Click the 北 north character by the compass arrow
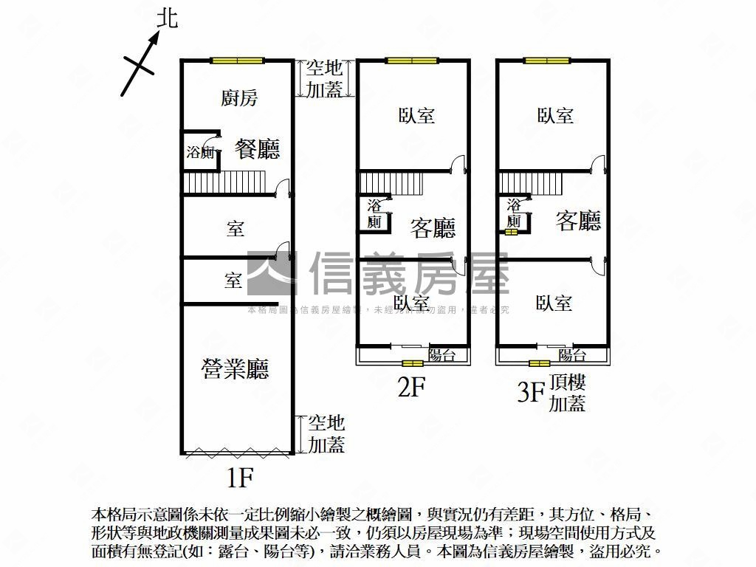click(168, 18)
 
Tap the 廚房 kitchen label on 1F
click(239, 97)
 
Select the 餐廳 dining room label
click(257, 149)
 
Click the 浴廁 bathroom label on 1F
click(200, 153)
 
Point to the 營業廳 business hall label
click(235, 368)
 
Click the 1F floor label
click(240, 478)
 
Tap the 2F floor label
click(412, 388)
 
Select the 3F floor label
click(529, 391)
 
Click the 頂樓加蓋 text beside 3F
click(568, 393)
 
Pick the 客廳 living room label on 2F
click(433, 228)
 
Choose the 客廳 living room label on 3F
click(578, 221)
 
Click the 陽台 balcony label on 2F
click(441, 355)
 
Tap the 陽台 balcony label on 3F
click(572, 355)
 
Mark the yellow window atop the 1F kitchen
click(236, 61)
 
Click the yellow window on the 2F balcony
click(413, 363)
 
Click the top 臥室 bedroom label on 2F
click(416, 115)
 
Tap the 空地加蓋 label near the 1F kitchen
click(325, 79)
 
